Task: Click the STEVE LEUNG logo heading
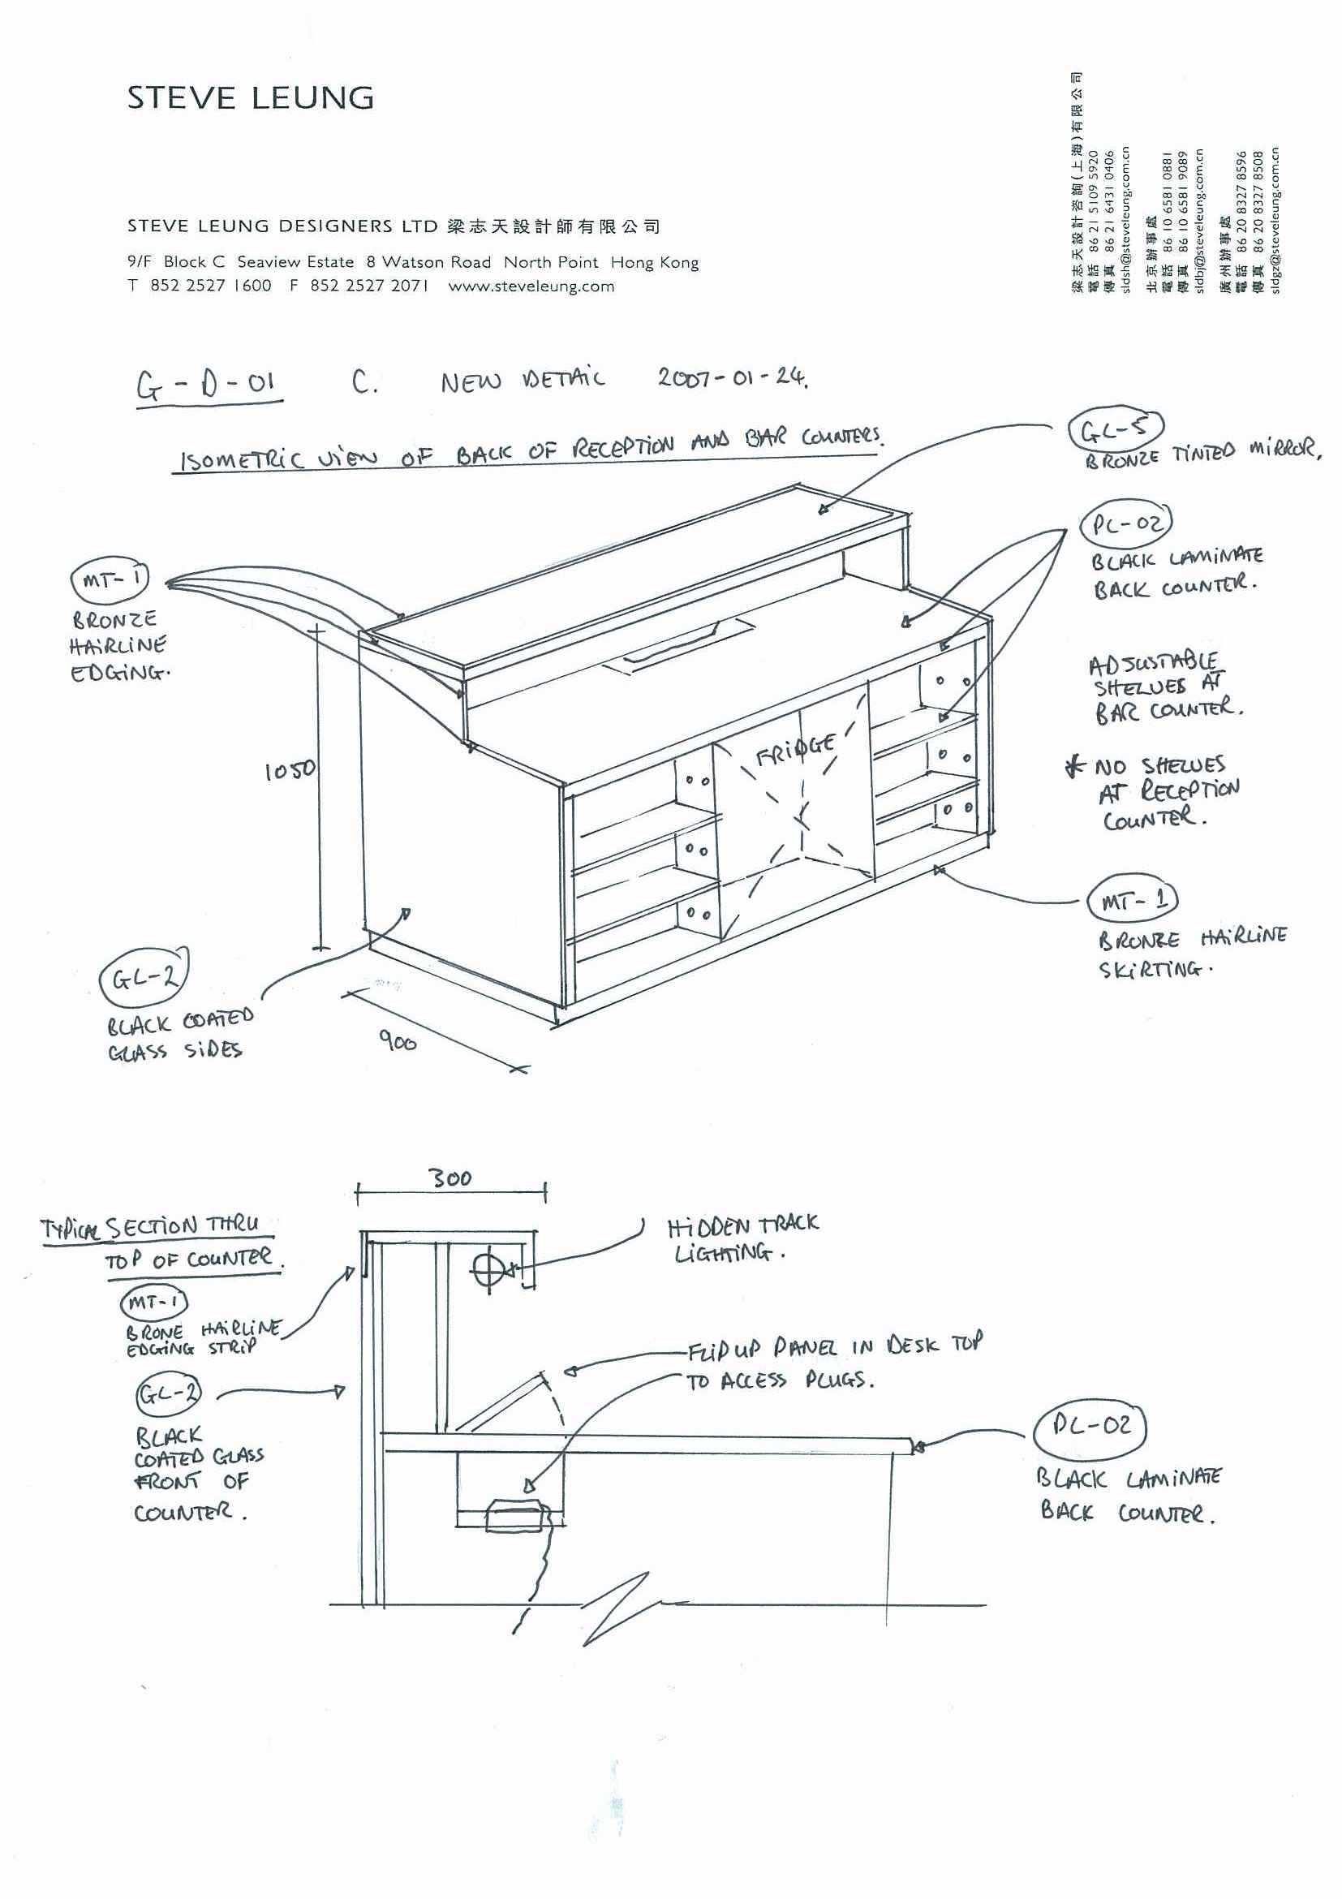[250, 97]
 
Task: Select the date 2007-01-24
[733, 378]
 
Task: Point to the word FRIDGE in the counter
[794, 747]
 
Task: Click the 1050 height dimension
[290, 770]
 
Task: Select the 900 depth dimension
[398, 1040]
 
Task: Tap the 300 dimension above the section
[451, 1178]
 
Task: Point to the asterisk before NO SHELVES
[1074, 768]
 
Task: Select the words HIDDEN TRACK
[742, 1225]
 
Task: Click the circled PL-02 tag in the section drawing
[1091, 1426]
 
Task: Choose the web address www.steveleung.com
[531, 286]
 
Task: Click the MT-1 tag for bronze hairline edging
[110, 579]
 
